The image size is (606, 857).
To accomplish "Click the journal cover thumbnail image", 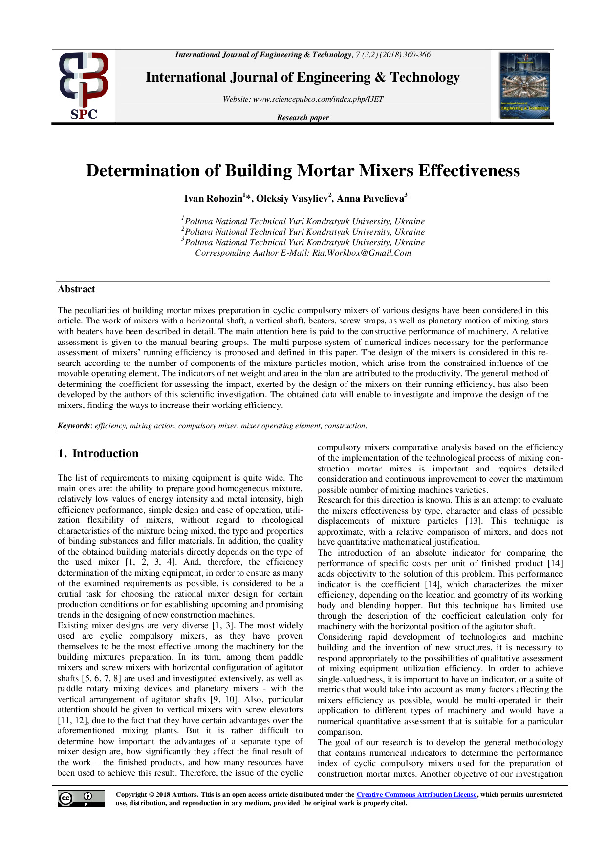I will pos(525,86).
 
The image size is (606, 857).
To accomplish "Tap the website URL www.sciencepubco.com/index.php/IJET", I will pos(318,99).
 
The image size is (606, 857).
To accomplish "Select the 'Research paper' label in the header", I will pos(303,118).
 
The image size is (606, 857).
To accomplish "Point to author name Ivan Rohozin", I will pos(213,199).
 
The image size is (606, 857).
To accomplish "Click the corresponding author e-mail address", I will pos(362,253).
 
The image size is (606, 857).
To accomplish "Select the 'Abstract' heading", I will pos(76,289).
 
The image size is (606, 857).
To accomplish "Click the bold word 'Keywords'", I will pos(73,426).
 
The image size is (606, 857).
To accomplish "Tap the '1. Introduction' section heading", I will pos(98,453).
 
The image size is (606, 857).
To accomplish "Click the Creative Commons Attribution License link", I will pos(416,795).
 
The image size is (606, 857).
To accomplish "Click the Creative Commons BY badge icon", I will pos(81,798).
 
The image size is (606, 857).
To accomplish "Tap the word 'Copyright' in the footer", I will pos(131,795).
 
